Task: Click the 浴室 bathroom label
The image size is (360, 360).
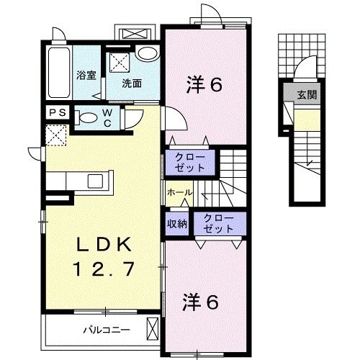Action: point(88,74)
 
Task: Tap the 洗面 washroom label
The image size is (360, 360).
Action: point(131,83)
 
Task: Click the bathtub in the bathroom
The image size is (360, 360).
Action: point(58,76)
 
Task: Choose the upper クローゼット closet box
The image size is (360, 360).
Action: point(191,162)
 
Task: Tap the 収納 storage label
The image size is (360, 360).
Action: point(177,224)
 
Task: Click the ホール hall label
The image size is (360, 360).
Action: point(179,193)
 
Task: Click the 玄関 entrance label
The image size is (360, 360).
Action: point(309,94)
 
